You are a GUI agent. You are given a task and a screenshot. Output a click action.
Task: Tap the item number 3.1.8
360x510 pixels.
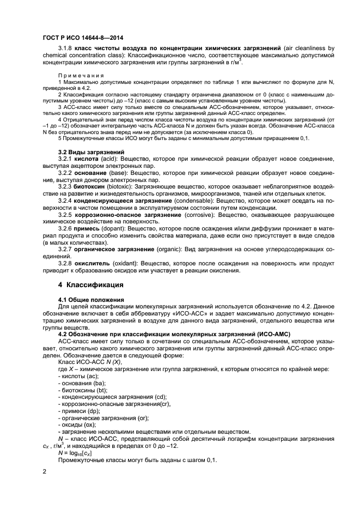pos(68,48)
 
